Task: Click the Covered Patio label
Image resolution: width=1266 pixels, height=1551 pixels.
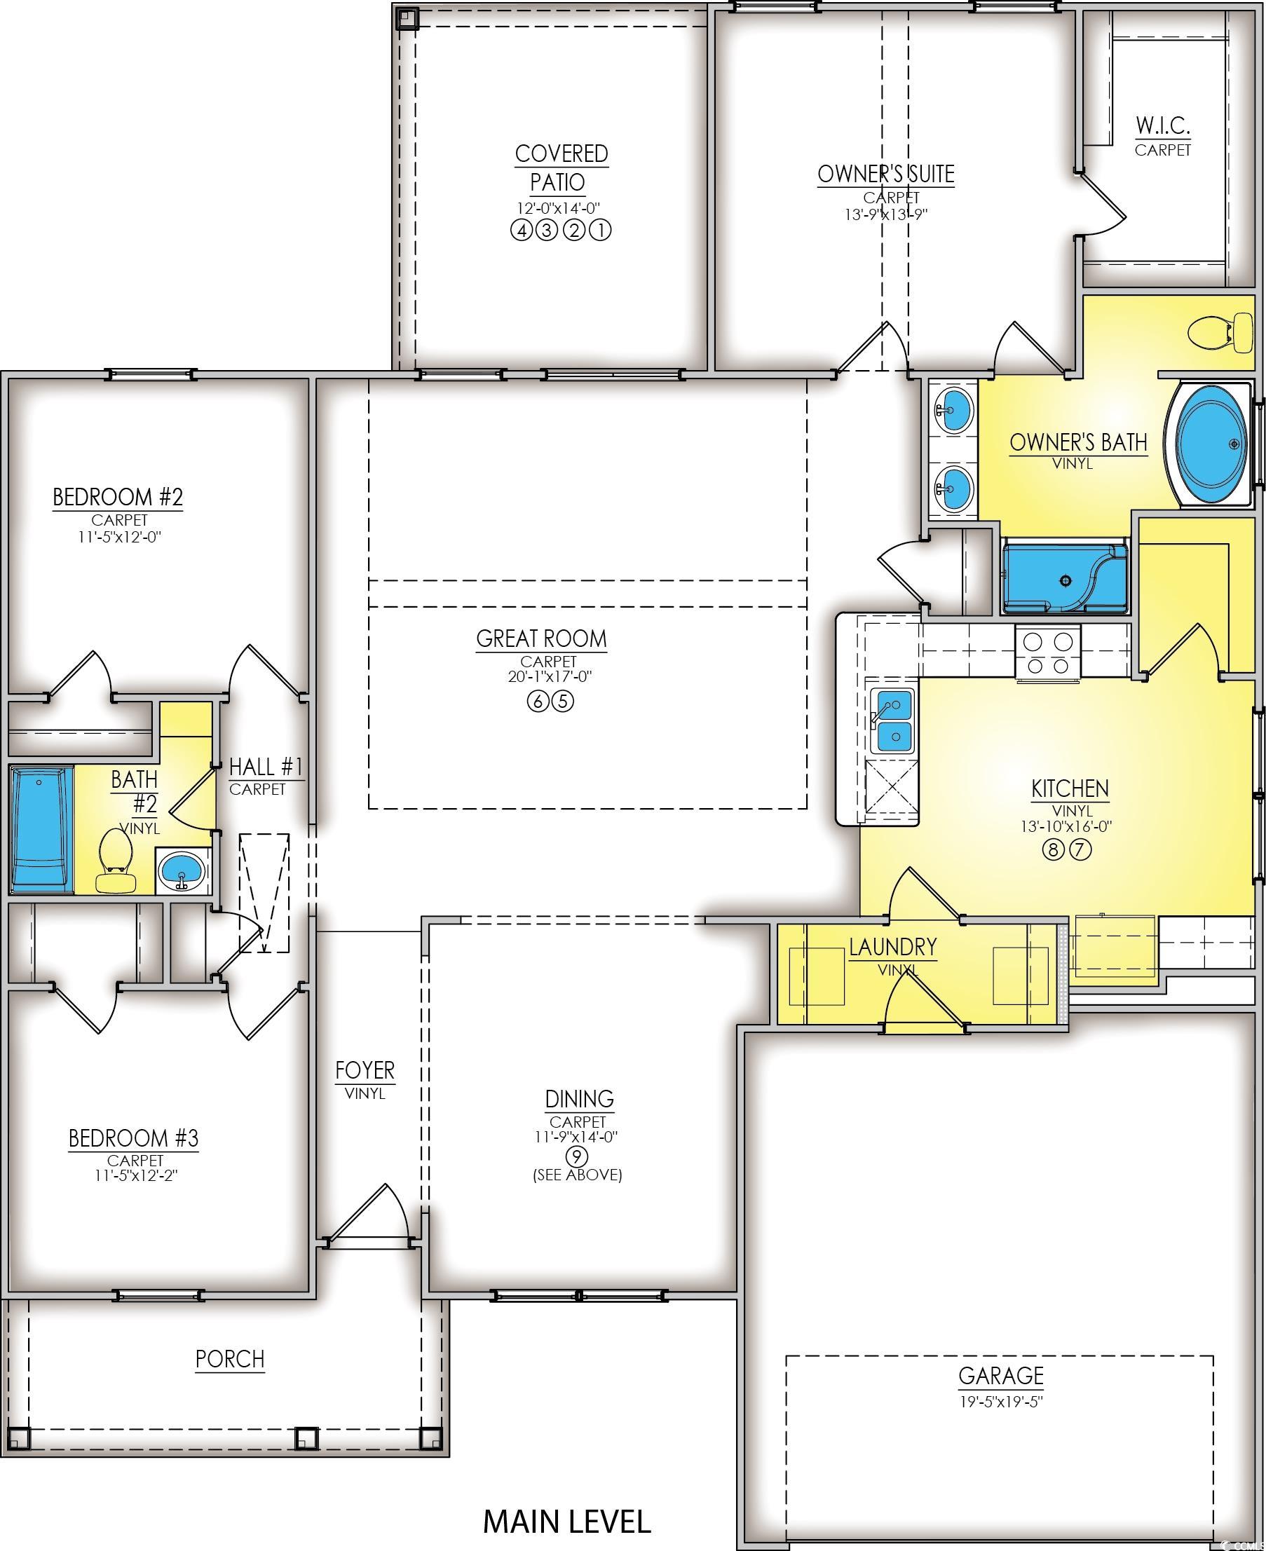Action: (x=561, y=168)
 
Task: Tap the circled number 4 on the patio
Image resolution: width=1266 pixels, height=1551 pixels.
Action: (x=521, y=231)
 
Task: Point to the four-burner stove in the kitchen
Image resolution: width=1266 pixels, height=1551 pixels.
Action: (x=1047, y=653)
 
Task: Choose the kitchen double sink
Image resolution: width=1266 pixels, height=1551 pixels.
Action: (x=893, y=720)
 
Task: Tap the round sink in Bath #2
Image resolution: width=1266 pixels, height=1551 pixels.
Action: (x=182, y=870)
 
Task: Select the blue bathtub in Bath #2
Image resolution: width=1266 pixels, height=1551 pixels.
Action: (x=42, y=829)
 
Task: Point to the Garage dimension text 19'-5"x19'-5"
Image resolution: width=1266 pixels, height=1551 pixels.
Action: (x=1001, y=1402)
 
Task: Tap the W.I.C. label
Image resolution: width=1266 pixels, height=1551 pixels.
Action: (x=1162, y=125)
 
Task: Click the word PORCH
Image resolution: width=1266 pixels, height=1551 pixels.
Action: (x=230, y=1359)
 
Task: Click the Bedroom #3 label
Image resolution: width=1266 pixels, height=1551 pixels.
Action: (x=133, y=1138)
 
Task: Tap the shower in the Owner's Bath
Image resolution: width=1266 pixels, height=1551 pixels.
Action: (x=1065, y=577)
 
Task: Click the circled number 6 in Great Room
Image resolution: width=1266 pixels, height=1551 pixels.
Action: (x=538, y=702)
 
